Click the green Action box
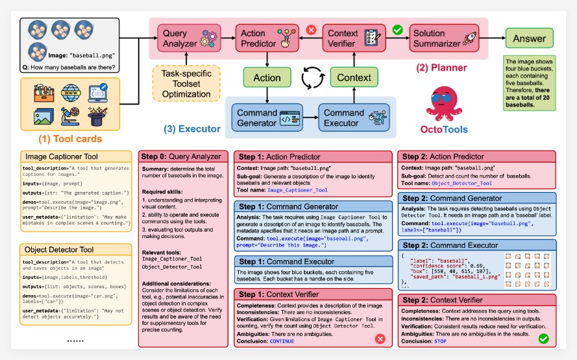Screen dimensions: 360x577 coord(267,77)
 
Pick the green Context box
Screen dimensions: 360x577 coord(354,77)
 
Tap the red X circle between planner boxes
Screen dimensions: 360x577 coord(310,29)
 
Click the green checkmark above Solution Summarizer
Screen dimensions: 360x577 coord(398,29)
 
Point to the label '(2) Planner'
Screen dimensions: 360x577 coord(443,67)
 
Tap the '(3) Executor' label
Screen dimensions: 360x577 coord(193,129)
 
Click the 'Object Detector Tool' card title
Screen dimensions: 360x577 coord(60,249)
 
